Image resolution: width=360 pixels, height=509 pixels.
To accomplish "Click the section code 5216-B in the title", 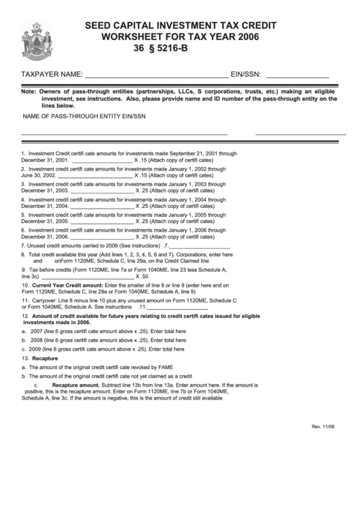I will (x=179, y=49).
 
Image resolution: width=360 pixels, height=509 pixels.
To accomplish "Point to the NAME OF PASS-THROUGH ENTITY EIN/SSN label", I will (x=84, y=117).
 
